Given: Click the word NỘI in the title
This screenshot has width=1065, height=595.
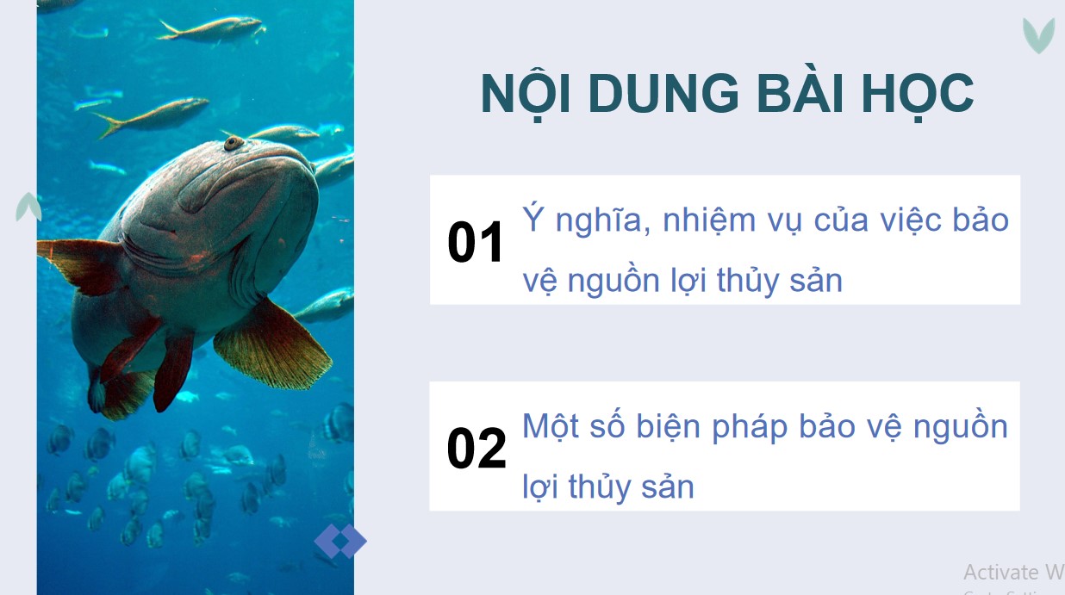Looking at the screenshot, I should pyautogui.click(x=521, y=94).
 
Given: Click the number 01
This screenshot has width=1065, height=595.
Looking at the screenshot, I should pyautogui.click(x=476, y=243).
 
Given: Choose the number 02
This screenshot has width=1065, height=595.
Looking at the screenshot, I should pyautogui.click(x=476, y=449).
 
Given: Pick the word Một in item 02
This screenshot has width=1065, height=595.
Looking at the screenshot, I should pyautogui.click(x=551, y=426).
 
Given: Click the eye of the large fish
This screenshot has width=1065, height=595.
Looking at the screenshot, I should pyautogui.click(x=233, y=143).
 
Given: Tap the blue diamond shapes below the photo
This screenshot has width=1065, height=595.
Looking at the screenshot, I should pyautogui.click(x=340, y=542).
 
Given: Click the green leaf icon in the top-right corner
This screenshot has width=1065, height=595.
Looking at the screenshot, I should pyautogui.click(x=1038, y=35).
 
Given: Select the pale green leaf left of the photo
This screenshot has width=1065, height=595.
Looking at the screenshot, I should pyautogui.click(x=28, y=207).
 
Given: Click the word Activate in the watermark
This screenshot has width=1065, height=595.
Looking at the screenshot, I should pyautogui.click(x=1000, y=572).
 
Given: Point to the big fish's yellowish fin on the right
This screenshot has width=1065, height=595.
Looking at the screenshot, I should pyautogui.click(x=271, y=344).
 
